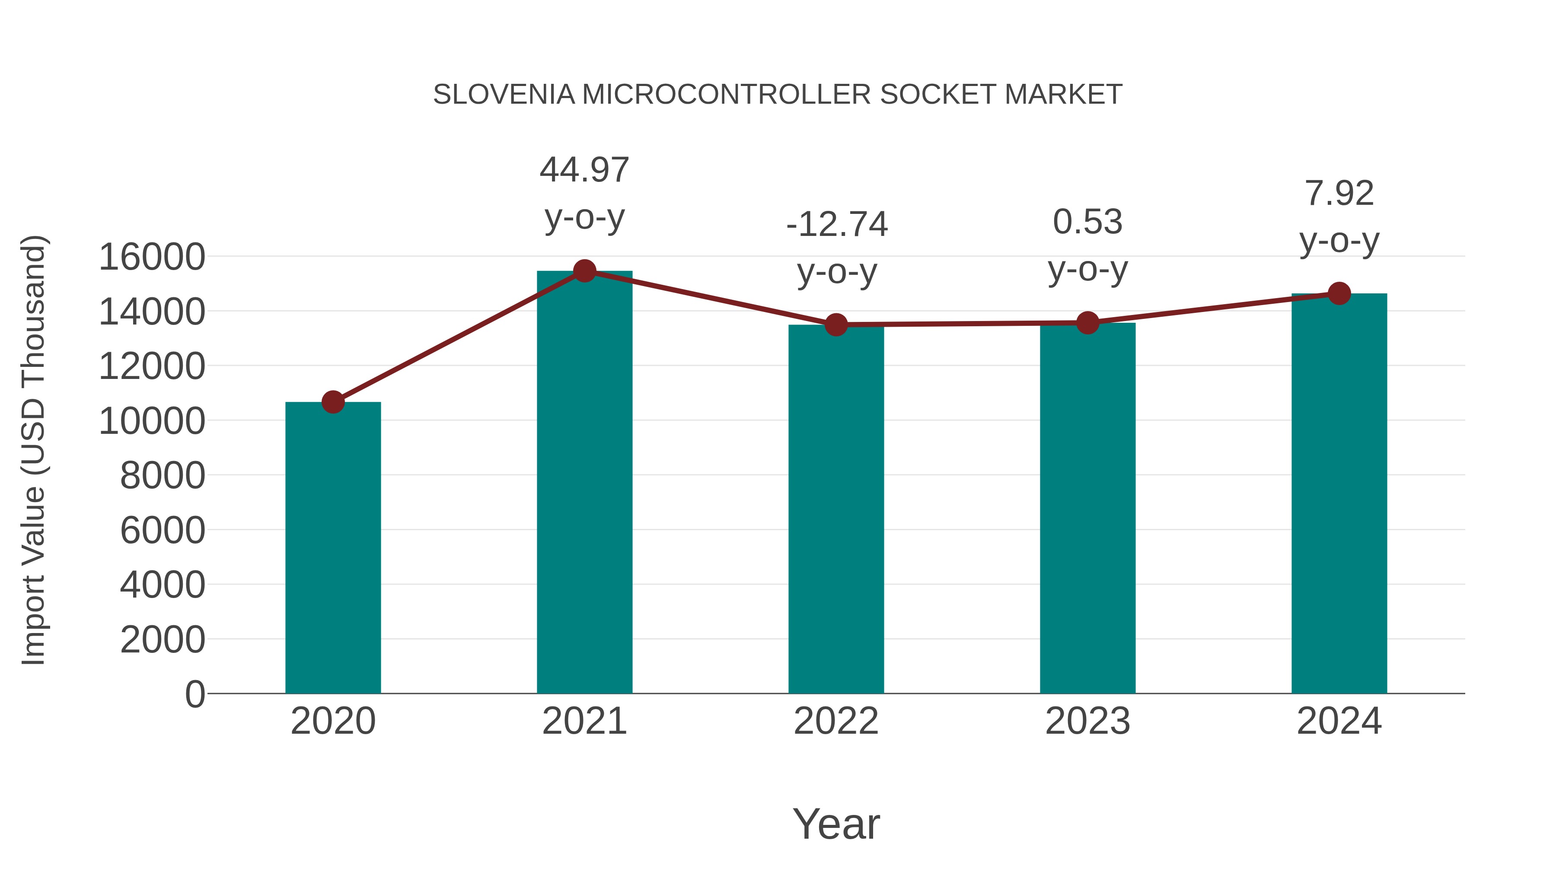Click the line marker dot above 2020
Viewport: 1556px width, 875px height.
pos(333,401)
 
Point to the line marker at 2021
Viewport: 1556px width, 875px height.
pos(584,271)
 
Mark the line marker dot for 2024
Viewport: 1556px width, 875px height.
pos(1339,293)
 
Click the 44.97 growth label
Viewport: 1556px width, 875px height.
pos(584,170)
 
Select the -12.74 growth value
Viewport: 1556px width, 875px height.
pos(837,225)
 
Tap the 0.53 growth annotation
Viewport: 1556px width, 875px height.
pos(1087,222)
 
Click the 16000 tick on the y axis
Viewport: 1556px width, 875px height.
pos(152,257)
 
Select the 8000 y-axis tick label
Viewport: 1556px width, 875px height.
pos(163,475)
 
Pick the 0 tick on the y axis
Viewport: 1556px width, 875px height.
pos(195,694)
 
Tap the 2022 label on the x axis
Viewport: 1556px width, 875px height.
pos(835,721)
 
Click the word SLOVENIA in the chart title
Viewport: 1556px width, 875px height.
pos(504,95)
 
